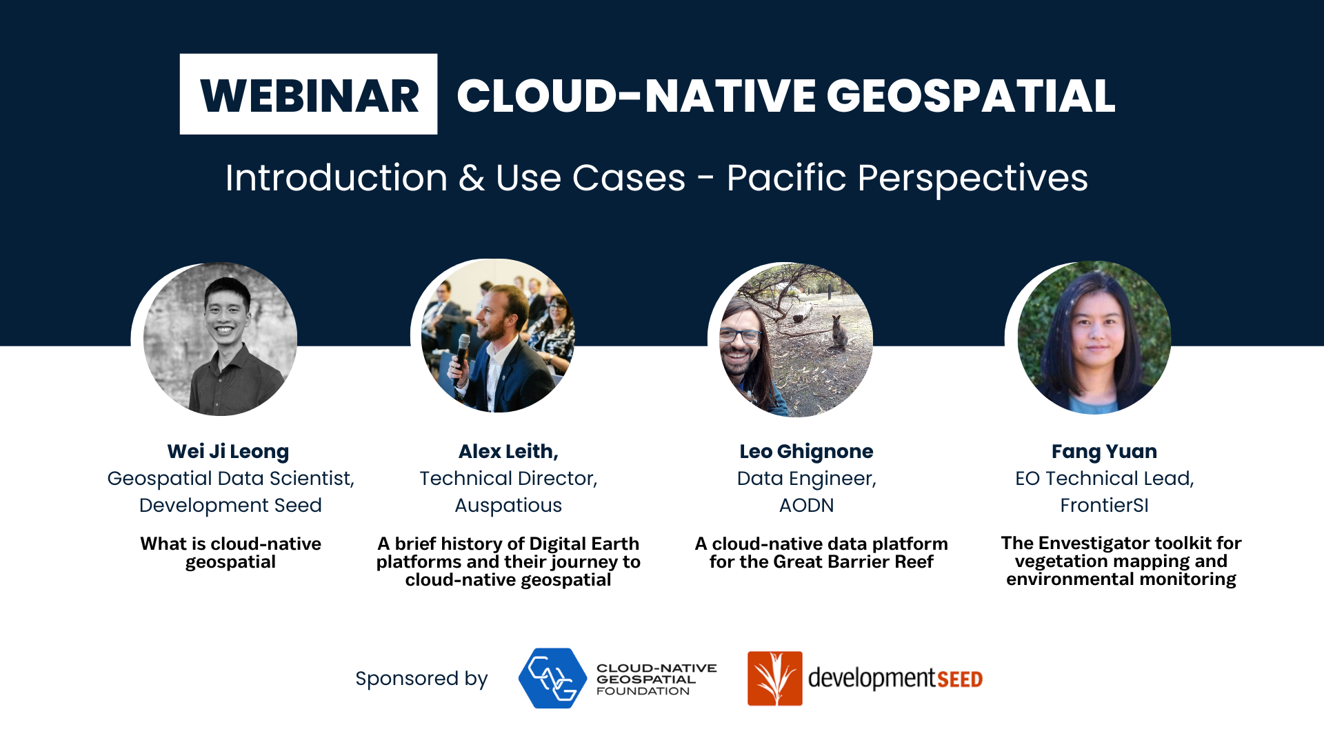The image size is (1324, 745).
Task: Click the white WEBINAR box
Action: (308, 94)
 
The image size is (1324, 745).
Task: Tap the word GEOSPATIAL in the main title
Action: (971, 95)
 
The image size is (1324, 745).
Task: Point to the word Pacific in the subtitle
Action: (786, 178)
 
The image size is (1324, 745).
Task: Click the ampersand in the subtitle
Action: (472, 179)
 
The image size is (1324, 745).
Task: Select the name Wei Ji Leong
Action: (228, 451)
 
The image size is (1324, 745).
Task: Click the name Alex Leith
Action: (508, 451)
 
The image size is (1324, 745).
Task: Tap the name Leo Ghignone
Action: (806, 451)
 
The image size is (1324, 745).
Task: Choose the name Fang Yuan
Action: (1104, 451)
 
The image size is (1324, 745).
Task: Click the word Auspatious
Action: (508, 506)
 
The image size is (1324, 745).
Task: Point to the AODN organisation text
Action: (806, 506)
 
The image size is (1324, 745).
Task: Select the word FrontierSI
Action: (1104, 506)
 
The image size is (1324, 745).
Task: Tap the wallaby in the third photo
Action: (839, 332)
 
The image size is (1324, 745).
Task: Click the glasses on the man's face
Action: (740, 336)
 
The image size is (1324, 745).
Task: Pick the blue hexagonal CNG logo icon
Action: (552, 678)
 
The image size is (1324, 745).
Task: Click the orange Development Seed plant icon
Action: (775, 678)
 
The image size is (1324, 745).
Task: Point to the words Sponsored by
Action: (421, 679)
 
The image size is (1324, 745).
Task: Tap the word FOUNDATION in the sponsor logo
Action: (643, 691)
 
